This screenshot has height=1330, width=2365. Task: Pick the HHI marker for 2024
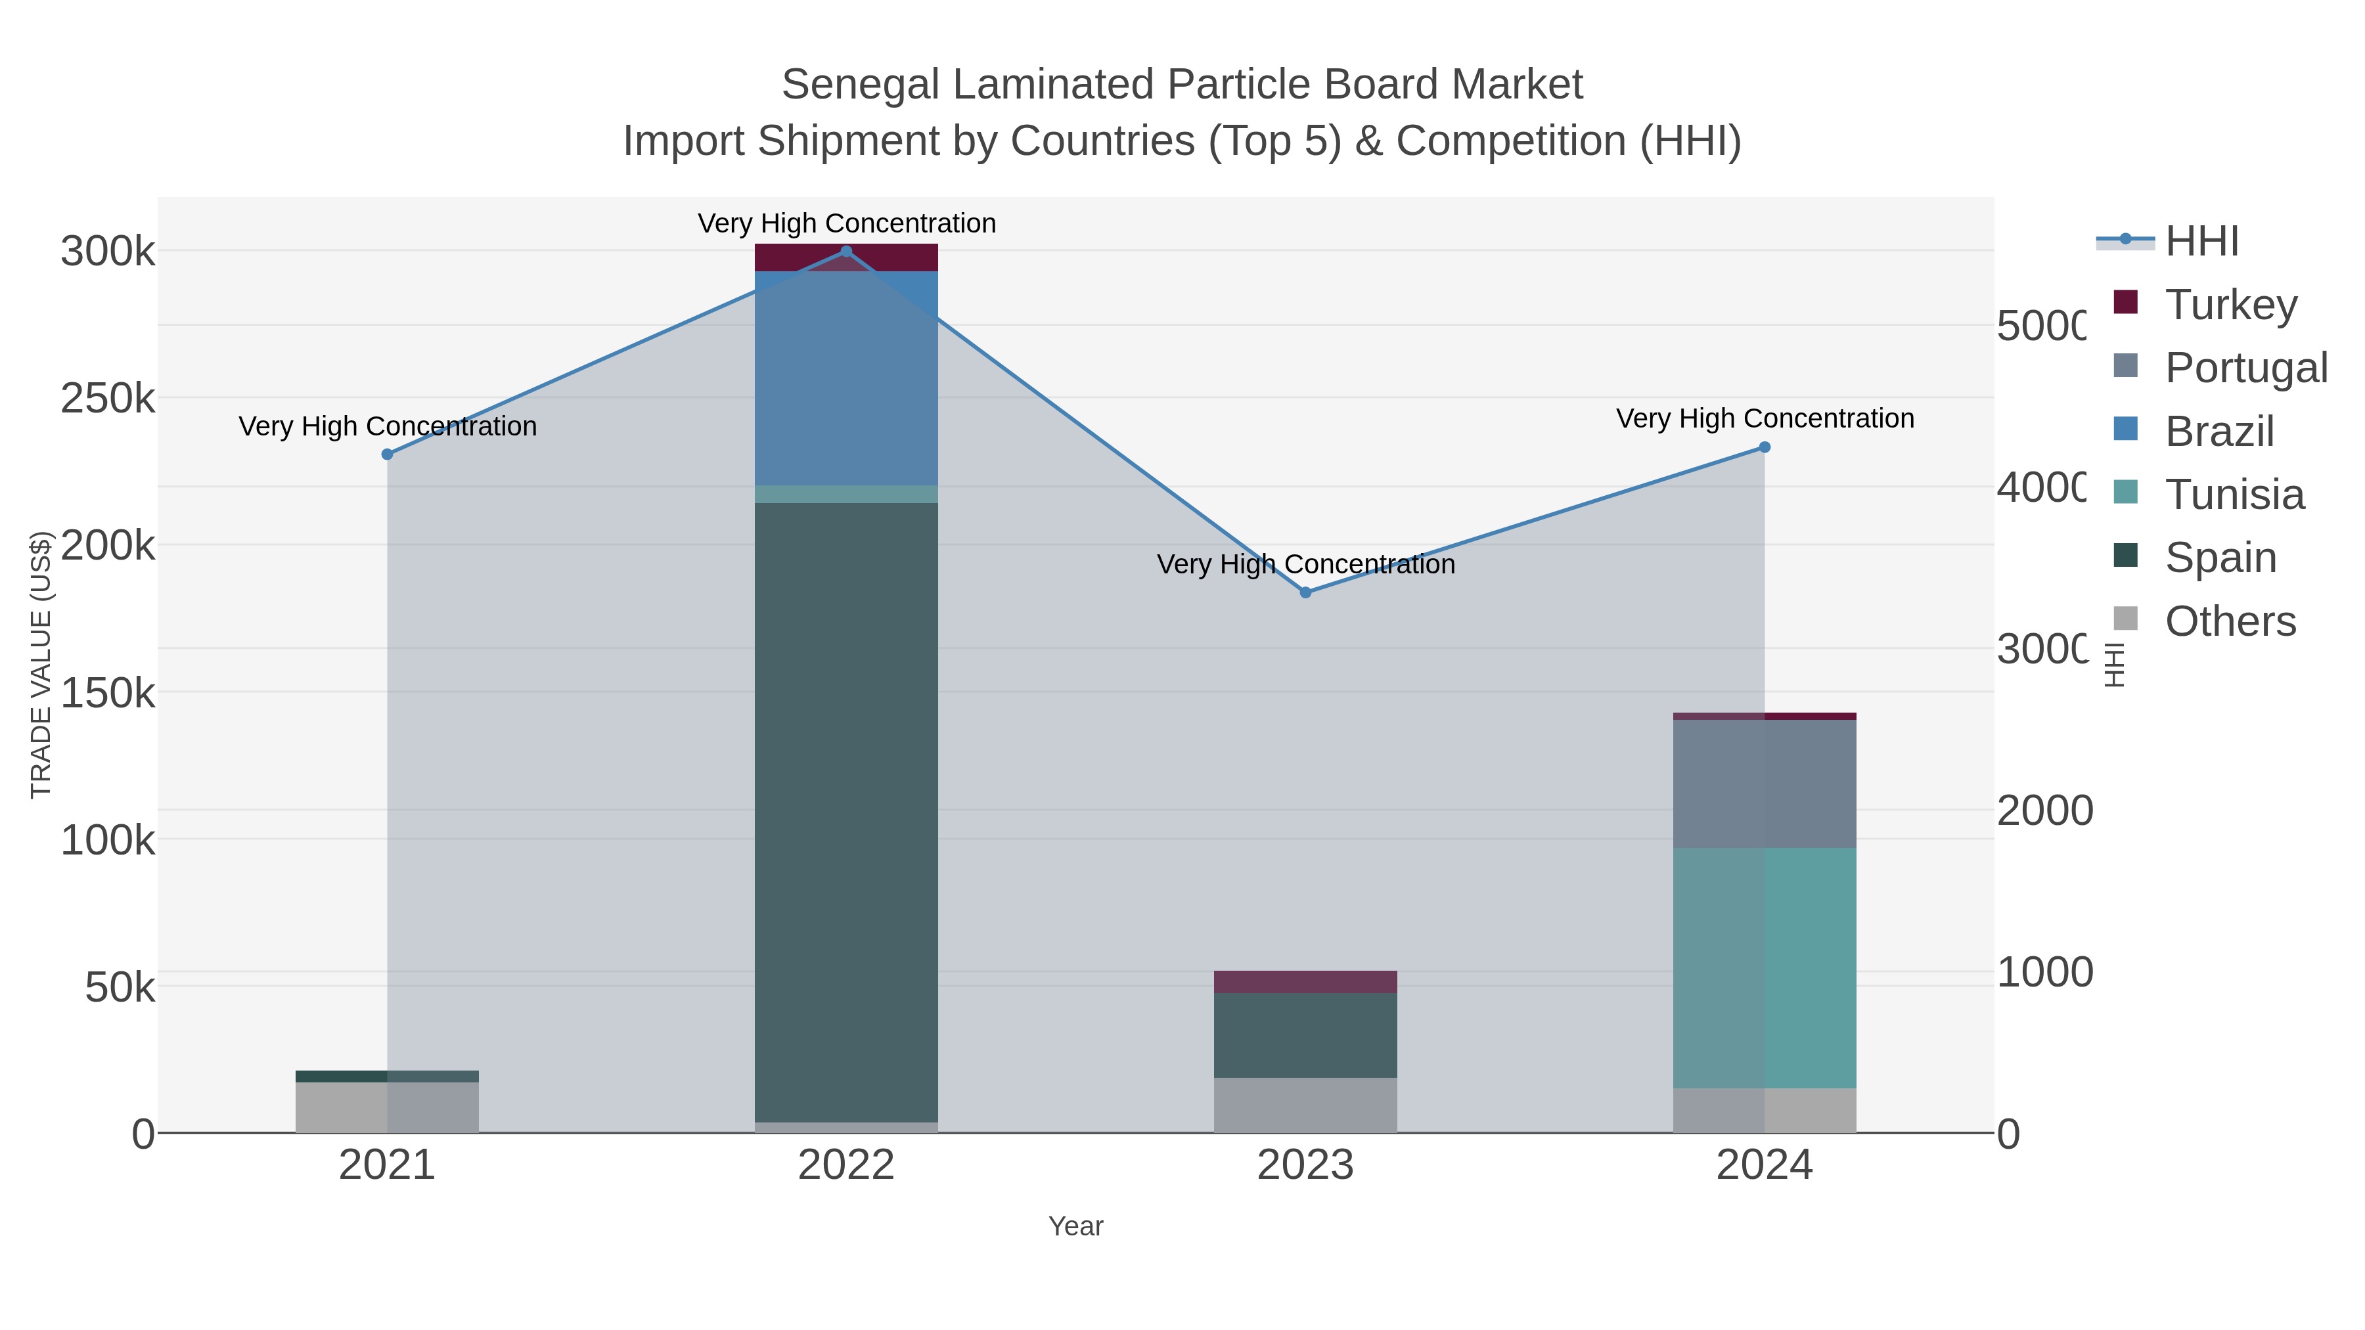[x=1764, y=447]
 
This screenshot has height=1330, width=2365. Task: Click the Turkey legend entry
[x=2230, y=304]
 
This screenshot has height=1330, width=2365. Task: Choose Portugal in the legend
[x=2245, y=367]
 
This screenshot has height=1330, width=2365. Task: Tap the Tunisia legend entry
[x=2234, y=494]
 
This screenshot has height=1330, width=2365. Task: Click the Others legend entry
[x=2230, y=621]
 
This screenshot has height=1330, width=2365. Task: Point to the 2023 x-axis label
[x=1305, y=1166]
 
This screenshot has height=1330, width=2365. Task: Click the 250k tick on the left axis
[x=108, y=399]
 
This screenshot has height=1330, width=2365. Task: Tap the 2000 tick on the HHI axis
[x=2044, y=810]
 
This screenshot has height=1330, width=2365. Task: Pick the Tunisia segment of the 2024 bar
[x=1764, y=967]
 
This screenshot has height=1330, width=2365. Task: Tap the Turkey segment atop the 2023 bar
[x=1305, y=981]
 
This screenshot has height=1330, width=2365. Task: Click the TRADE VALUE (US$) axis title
[x=41, y=665]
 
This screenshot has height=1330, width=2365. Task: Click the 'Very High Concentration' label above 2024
[x=1764, y=418]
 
